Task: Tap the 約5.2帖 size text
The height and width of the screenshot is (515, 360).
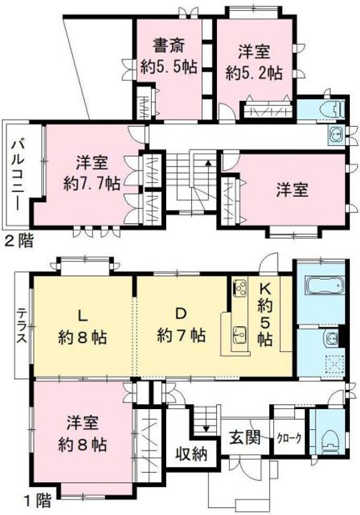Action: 253,73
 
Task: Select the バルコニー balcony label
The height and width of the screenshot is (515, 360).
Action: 18,175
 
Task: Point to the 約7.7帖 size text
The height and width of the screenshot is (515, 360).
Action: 92,185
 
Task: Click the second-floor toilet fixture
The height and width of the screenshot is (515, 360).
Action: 336,109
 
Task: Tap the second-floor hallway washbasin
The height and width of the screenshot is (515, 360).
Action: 336,136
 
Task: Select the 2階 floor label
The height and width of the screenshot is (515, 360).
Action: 19,242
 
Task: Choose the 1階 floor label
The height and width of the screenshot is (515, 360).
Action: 38,501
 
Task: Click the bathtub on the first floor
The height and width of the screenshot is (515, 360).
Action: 324,285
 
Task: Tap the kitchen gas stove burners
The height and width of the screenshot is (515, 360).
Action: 240,287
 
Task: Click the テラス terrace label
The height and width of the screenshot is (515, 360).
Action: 21,326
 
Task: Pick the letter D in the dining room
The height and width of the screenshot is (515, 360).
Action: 180,314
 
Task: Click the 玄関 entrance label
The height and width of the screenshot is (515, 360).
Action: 245,438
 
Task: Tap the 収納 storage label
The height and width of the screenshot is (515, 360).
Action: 191,454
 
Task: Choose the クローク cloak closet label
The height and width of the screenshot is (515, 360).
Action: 289,438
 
